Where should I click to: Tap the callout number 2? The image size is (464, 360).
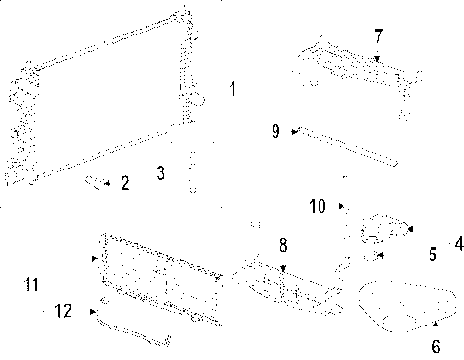(125, 182)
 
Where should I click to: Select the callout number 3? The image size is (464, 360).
(161, 173)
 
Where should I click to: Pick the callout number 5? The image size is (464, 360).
(432, 255)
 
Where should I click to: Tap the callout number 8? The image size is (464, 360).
(282, 247)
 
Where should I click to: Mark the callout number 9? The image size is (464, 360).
(276, 131)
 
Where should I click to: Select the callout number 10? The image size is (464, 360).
(318, 206)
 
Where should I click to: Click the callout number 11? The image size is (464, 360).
(32, 284)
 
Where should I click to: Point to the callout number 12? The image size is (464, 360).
(63, 310)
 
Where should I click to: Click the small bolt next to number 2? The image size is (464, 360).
(96, 181)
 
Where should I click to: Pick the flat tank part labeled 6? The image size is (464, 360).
(402, 308)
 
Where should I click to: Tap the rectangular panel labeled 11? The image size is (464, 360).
(158, 273)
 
